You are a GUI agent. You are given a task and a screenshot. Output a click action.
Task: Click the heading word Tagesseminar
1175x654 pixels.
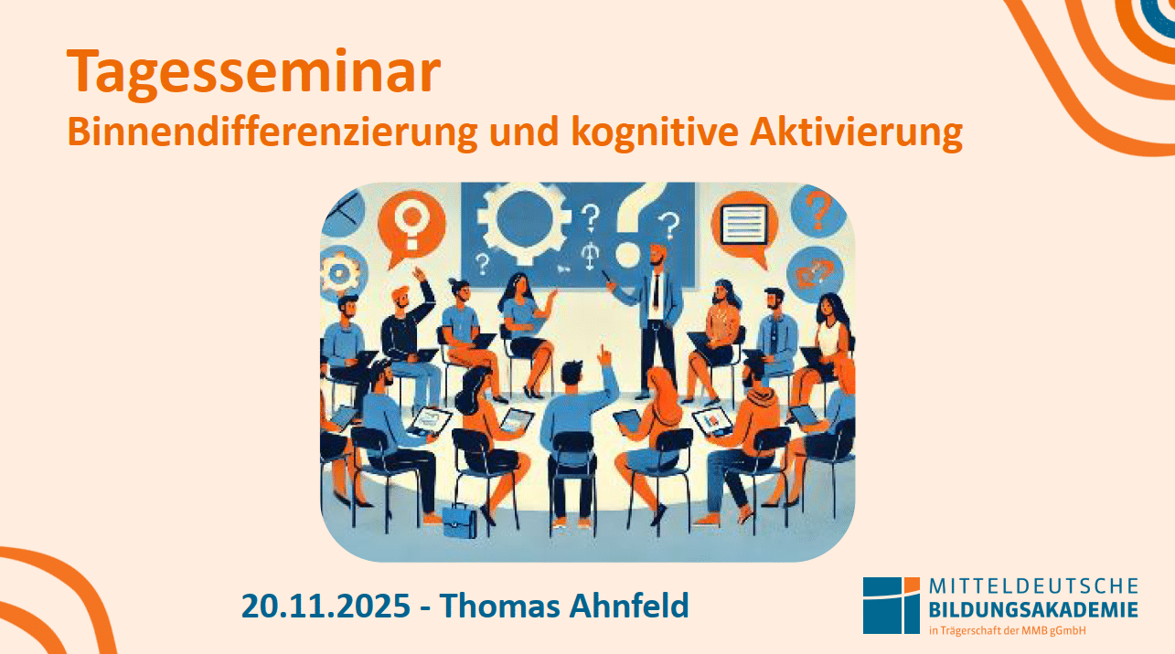[x=254, y=73]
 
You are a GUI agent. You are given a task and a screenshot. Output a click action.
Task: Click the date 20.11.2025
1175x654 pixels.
[x=326, y=606]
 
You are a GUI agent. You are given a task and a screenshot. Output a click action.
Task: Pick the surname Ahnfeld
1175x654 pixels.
[x=629, y=606]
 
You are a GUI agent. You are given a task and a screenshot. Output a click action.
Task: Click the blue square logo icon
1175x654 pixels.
[x=892, y=606]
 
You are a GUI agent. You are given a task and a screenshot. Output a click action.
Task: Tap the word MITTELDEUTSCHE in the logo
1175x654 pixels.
[x=1033, y=586]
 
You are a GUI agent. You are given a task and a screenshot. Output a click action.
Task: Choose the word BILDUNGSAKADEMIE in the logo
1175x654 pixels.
[x=1033, y=609]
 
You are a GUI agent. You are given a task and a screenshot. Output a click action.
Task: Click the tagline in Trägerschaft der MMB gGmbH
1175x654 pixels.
[x=1008, y=630]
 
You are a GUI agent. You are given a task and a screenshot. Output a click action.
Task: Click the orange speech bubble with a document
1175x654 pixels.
[x=745, y=227]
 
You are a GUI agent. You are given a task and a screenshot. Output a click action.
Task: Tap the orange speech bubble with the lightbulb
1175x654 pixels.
[x=411, y=227]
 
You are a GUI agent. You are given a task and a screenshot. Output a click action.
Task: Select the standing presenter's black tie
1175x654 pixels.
[x=656, y=290]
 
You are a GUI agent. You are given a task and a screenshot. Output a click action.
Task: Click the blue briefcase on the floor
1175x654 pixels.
[x=460, y=521]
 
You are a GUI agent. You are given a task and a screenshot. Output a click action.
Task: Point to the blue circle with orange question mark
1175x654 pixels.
[x=817, y=211]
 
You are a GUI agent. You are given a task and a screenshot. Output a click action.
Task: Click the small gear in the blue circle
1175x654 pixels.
[x=340, y=272]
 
